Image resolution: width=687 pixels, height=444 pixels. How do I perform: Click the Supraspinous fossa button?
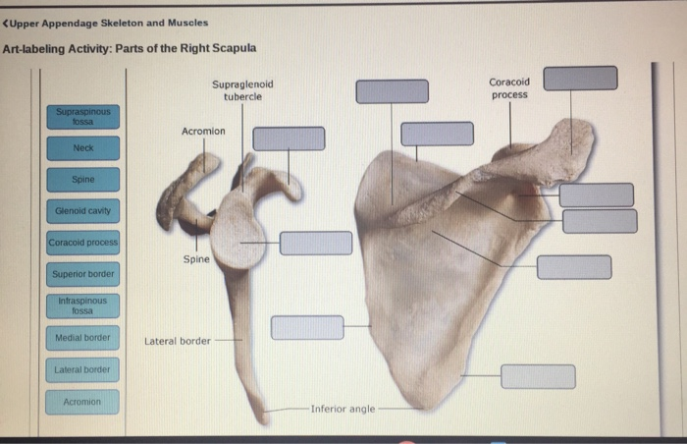point(82,117)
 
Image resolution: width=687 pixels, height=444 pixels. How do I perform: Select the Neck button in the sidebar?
point(82,148)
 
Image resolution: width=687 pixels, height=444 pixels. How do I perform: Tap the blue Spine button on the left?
point(82,180)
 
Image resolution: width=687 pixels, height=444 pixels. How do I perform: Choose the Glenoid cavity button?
point(82,210)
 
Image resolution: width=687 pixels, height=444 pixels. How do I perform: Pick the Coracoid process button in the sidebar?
point(82,243)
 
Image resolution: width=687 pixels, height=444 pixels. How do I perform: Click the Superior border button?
point(82,274)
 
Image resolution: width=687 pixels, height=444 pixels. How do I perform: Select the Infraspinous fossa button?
point(82,305)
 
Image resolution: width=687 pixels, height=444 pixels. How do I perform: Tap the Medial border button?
point(82,338)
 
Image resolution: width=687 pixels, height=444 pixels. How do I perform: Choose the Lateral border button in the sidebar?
point(82,369)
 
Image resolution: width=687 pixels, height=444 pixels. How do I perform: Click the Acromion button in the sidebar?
point(82,402)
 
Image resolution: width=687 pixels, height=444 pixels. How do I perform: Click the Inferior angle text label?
point(343,409)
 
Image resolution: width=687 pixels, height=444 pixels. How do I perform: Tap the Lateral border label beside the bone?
point(178,341)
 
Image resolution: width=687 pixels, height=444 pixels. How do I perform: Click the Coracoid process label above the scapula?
point(509,88)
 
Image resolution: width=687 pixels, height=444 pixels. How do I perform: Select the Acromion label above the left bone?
point(203,131)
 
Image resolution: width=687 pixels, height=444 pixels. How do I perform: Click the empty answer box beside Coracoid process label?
point(580,78)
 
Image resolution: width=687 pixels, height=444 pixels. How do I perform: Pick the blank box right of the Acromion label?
point(289,139)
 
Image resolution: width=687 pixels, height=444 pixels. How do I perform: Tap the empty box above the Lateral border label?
point(307,327)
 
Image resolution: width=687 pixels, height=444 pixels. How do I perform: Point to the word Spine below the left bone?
point(195,259)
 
